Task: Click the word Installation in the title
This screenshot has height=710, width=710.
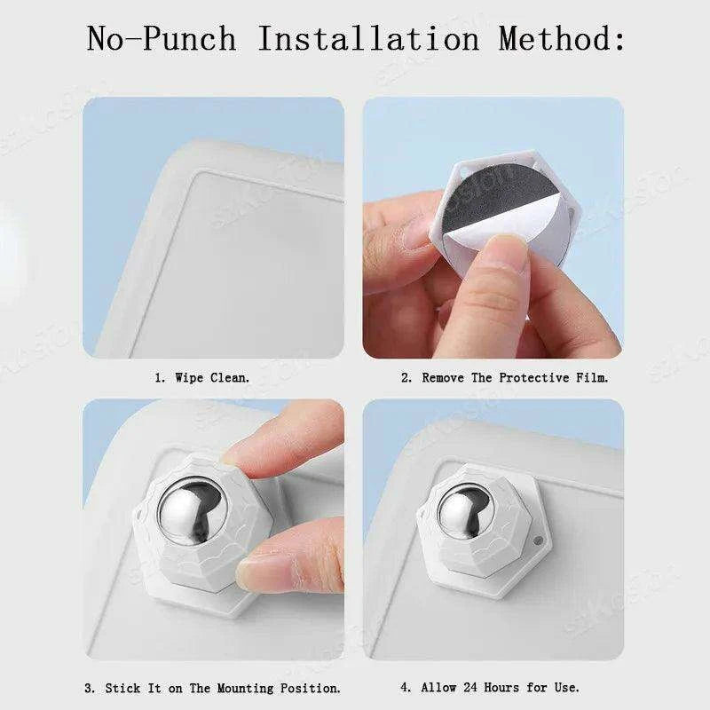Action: coord(368,38)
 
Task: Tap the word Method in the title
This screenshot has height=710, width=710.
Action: coord(562,38)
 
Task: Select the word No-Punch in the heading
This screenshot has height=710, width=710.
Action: coord(162,38)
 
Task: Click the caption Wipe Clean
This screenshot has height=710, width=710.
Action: coord(212,377)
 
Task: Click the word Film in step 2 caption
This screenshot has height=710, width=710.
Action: coord(592,377)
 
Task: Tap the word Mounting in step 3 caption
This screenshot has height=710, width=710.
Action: coord(245,689)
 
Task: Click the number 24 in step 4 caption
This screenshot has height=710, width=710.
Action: coord(470,687)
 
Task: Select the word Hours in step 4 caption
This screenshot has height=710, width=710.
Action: coord(501,687)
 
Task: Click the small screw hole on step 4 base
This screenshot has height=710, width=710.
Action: coord(538,540)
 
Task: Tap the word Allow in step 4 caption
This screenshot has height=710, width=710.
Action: coord(438,687)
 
